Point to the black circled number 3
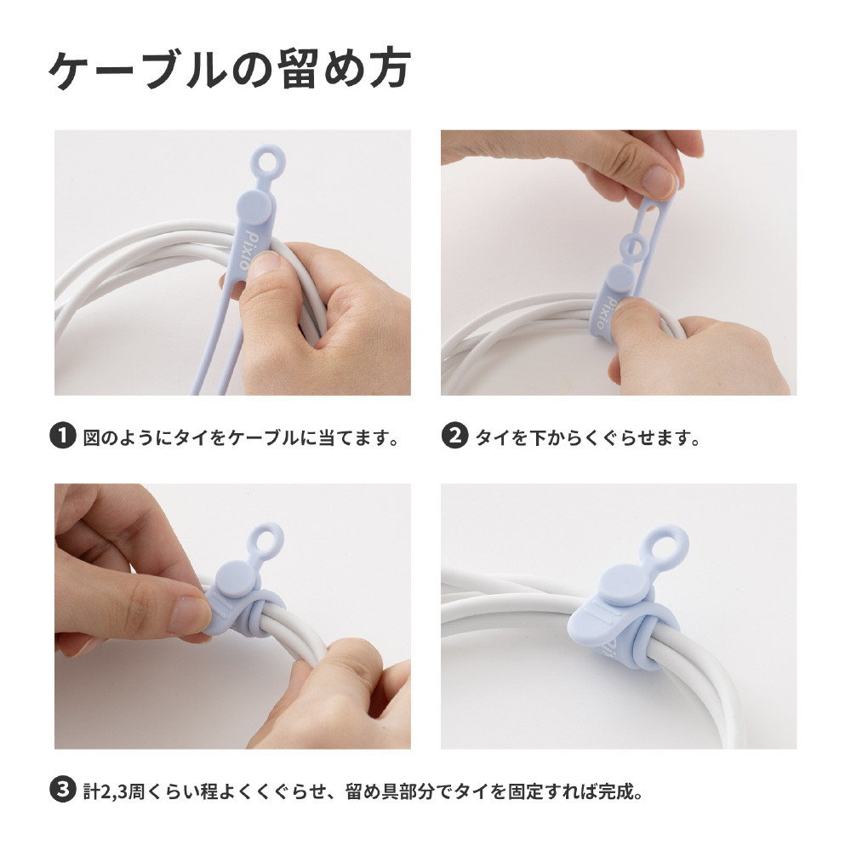[x=62, y=790]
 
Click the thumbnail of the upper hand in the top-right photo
[x=658, y=181]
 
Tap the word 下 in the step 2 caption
[x=538, y=437]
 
